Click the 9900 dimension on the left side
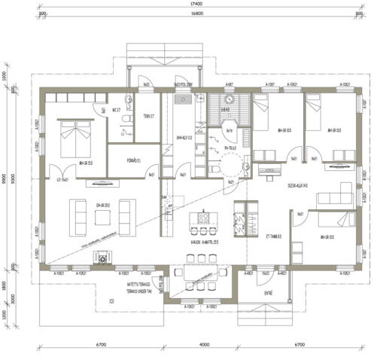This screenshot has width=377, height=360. [5, 180]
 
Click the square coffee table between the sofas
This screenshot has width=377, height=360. [104, 217]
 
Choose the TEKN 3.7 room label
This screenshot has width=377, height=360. [148, 116]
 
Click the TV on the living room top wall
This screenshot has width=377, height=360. [103, 181]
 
